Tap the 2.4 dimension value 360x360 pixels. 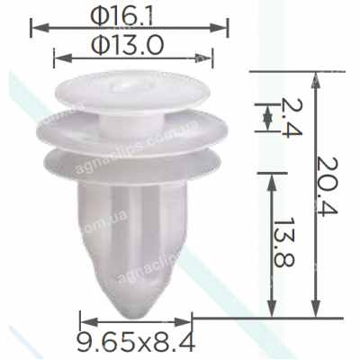pyautogui.click(x=287, y=117)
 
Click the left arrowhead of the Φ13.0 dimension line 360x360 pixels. pyautogui.click(x=59, y=59)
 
